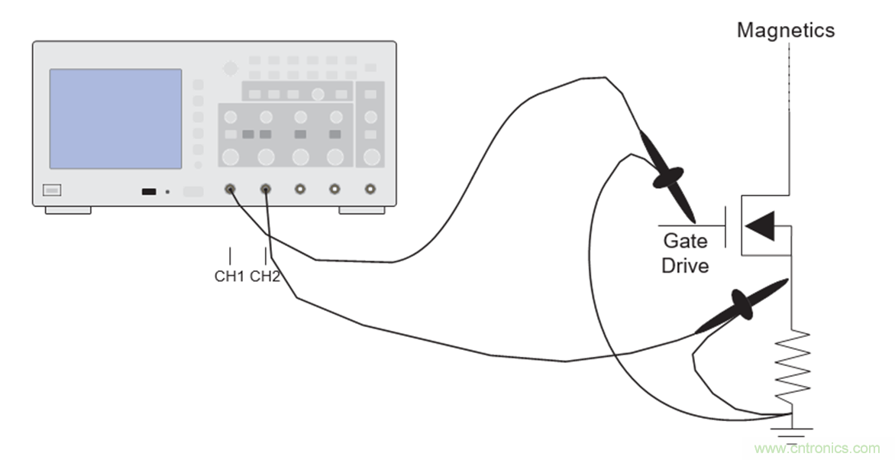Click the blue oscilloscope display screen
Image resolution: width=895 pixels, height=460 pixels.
click(115, 118)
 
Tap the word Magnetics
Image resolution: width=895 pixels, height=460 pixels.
click(786, 31)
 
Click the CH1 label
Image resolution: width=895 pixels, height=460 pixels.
click(228, 276)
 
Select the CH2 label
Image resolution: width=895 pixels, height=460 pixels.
click(265, 276)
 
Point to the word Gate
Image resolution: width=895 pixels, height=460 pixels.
click(684, 241)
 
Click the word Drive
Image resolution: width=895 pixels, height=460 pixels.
click(685, 266)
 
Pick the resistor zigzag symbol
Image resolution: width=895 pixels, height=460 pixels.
click(791, 365)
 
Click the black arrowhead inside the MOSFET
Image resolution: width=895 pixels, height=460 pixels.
click(761, 225)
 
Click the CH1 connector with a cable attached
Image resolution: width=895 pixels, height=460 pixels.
click(229, 189)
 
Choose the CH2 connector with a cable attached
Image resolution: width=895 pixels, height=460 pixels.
click(265, 189)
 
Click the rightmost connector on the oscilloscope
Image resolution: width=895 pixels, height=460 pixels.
click(370, 189)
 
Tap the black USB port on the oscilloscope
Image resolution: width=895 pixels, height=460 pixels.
click(149, 191)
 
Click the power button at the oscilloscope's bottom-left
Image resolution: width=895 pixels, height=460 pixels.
click(52, 190)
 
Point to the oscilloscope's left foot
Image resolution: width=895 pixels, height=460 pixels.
click(68, 209)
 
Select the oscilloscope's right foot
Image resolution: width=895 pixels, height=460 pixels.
click(362, 209)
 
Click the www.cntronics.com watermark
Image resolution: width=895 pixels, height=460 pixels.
click(816, 448)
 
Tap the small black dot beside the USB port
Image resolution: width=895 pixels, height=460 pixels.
click(167, 191)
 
